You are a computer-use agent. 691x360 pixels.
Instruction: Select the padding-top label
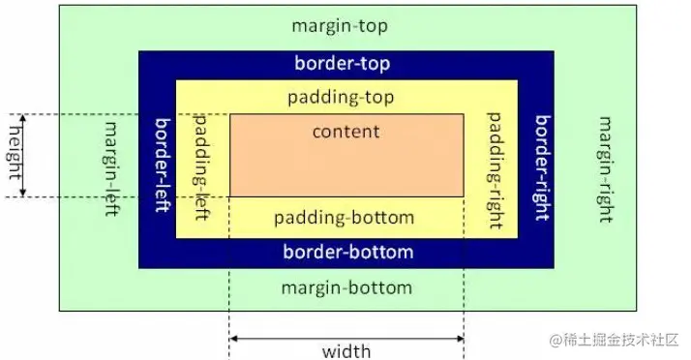(x=342, y=98)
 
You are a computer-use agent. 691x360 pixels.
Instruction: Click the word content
(x=346, y=131)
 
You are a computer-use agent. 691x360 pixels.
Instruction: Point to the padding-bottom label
(x=344, y=218)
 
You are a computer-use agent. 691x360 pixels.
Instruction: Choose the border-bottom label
(x=347, y=253)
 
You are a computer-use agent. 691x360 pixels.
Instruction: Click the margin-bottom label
(x=345, y=287)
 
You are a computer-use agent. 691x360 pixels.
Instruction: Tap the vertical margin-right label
(x=606, y=169)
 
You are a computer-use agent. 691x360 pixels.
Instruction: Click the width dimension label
(x=346, y=350)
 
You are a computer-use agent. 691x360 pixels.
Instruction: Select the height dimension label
(x=14, y=156)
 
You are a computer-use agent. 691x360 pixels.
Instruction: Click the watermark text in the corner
(x=615, y=341)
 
